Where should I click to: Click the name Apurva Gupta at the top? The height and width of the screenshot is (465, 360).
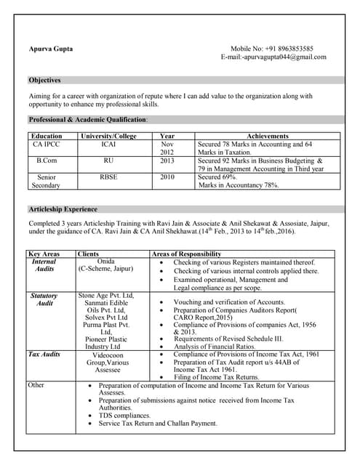pyautogui.click(x=50, y=49)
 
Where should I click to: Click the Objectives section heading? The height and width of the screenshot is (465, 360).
pyautogui.click(x=44, y=80)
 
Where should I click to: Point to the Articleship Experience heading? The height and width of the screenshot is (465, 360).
pyautogui.click(x=63, y=209)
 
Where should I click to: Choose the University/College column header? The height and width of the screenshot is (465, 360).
pyautogui.click(x=108, y=136)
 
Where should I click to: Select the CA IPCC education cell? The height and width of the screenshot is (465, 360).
pyautogui.click(x=47, y=145)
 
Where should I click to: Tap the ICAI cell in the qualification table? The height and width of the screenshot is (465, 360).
pyautogui.click(x=108, y=145)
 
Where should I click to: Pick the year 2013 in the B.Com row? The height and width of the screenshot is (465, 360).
pyautogui.click(x=167, y=161)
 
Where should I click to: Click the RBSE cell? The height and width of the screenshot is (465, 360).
pyautogui.click(x=108, y=177)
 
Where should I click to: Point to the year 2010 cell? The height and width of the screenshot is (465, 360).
pyautogui.click(x=167, y=177)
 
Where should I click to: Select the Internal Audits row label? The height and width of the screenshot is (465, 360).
pyautogui.click(x=44, y=265)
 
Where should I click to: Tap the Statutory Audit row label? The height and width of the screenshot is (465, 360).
pyautogui.click(x=44, y=299)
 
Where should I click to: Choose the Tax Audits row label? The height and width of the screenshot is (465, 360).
pyautogui.click(x=44, y=354)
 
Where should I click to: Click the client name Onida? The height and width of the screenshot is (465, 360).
pyautogui.click(x=106, y=261)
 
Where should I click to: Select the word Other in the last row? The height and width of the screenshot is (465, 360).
pyautogui.click(x=36, y=384)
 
